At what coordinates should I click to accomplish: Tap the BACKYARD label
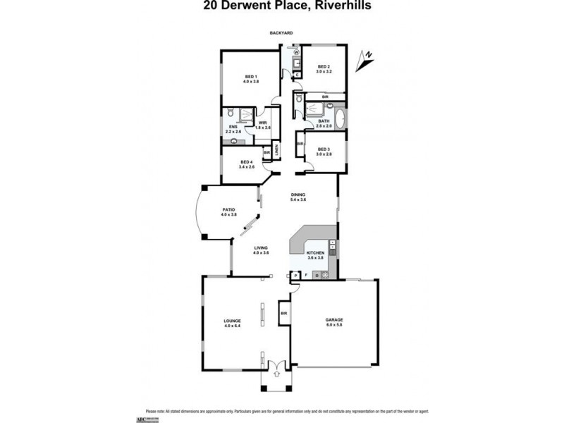pyautogui.click(x=281, y=33)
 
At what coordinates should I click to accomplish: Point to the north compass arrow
pyautogui.click(x=365, y=59)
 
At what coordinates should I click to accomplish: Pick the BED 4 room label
pyautogui.click(x=246, y=164)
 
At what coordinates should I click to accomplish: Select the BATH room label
pyautogui.click(x=324, y=123)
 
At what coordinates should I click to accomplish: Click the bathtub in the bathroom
pyautogui.click(x=339, y=117)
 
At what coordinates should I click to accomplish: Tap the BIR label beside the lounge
pyautogui.click(x=284, y=313)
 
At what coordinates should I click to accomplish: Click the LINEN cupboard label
pyautogui.click(x=277, y=149)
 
